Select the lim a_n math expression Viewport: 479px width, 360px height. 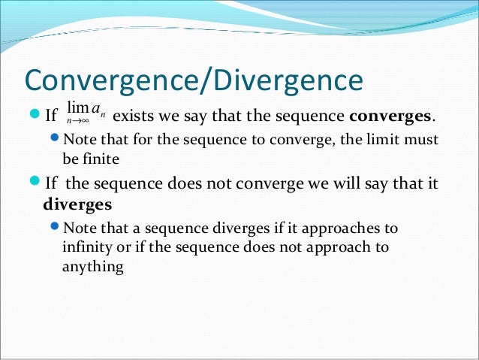pos(85,113)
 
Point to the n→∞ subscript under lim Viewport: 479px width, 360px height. pos(75,120)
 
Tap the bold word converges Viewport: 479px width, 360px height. pos(390,116)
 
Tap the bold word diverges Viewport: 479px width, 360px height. pos(77,204)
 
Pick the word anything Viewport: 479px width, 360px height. pos(92,265)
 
